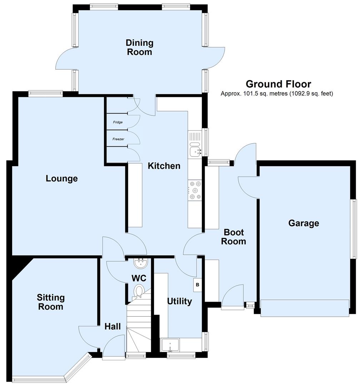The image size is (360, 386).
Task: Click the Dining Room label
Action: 139,48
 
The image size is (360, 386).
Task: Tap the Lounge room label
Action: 62,178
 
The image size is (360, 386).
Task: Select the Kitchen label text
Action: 164,166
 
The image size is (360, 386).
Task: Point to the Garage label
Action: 304,223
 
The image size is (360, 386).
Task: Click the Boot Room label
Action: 234,237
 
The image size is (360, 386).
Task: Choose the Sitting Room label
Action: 50,302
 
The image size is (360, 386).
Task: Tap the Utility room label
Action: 179,301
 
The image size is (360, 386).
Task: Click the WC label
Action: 139,278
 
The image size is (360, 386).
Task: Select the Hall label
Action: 112,326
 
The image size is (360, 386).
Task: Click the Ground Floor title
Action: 278,84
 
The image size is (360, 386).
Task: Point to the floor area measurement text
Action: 277,94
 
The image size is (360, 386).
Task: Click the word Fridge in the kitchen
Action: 118,122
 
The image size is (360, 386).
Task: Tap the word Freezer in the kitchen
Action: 118,139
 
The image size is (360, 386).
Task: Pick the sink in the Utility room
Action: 171,345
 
